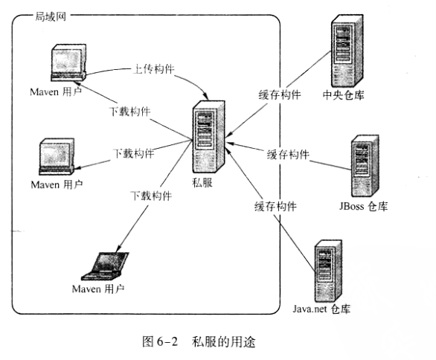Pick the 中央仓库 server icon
point(342,51)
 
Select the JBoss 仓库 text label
point(362,206)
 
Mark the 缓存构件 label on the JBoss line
point(288,154)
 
